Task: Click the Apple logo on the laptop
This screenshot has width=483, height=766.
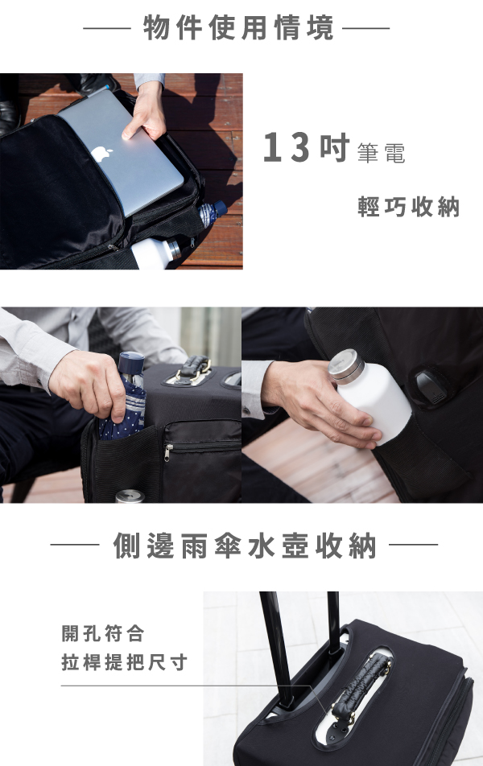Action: tap(101, 154)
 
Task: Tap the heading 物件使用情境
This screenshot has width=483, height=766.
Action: tap(238, 28)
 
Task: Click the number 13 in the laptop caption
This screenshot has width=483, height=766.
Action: tap(286, 147)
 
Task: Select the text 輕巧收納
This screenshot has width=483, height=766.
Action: tap(409, 207)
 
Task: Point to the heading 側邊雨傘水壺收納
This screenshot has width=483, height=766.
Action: tap(245, 546)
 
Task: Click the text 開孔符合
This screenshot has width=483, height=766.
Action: tap(103, 633)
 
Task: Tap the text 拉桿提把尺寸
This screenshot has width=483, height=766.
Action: tap(124, 662)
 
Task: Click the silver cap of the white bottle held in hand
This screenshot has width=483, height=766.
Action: tap(346, 365)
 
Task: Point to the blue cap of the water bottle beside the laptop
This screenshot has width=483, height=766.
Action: tap(220, 208)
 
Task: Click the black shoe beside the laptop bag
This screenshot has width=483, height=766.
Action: tap(9, 117)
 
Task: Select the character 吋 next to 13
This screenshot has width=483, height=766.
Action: tap(335, 147)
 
